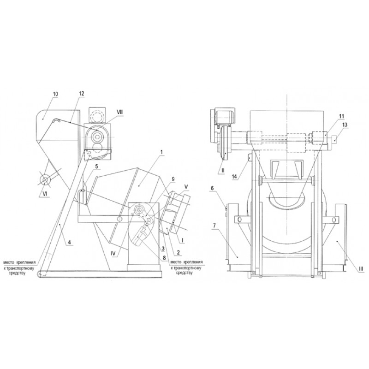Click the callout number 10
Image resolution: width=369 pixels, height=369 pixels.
(55, 94)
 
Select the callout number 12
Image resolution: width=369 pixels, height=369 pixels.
(81, 94)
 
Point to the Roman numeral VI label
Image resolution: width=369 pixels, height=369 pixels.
(44, 194)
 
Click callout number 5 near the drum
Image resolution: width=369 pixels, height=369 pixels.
(96, 167)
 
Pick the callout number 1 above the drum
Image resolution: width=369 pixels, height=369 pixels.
(161, 152)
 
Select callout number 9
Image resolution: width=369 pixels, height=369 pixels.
(173, 179)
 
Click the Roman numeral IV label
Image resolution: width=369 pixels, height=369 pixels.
(113, 254)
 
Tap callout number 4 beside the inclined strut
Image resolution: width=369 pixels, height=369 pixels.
(70, 242)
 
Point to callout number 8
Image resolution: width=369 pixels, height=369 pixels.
(164, 258)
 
